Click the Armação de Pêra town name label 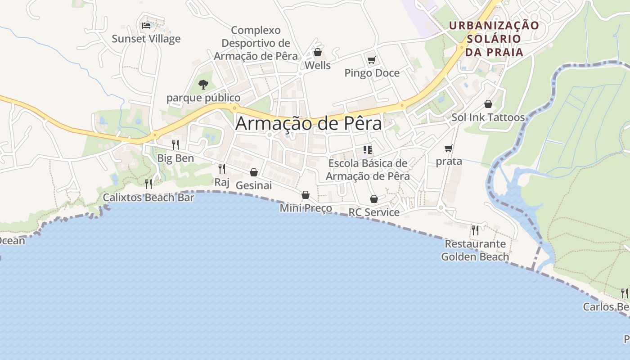click(x=308, y=123)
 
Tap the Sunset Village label click(x=146, y=39)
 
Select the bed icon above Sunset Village click(x=146, y=25)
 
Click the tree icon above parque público click(x=203, y=84)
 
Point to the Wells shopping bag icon click(x=318, y=52)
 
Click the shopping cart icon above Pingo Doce click(x=371, y=60)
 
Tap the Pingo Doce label click(x=372, y=73)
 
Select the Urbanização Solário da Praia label click(x=494, y=39)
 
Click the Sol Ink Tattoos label click(x=488, y=117)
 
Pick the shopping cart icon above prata click(x=448, y=148)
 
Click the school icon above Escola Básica click(x=368, y=149)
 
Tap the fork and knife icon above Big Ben click(x=175, y=145)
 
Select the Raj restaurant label click(x=222, y=182)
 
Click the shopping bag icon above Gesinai click(x=254, y=172)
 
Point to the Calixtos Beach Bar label click(x=148, y=197)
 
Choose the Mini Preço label click(x=306, y=208)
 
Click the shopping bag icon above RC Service click(x=374, y=199)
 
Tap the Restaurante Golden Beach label click(x=475, y=250)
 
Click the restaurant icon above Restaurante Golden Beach click(x=475, y=230)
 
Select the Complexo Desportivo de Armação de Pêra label click(x=256, y=43)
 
